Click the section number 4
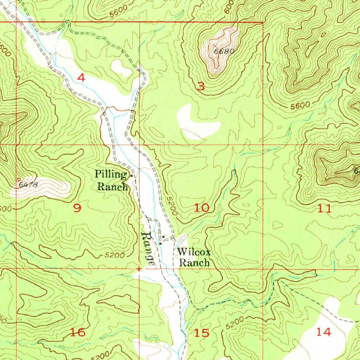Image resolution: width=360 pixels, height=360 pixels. (x=81, y=78)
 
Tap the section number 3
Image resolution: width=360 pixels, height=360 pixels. (x=201, y=86)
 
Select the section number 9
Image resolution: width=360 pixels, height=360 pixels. (x=77, y=208)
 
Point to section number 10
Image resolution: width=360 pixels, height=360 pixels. (x=202, y=207)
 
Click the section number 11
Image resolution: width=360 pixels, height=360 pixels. (x=324, y=209)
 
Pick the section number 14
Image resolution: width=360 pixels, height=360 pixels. (x=323, y=331)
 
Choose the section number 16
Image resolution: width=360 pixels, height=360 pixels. (x=78, y=332)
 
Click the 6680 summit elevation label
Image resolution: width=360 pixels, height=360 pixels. (x=224, y=51)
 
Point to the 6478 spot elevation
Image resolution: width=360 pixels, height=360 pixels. (x=27, y=184)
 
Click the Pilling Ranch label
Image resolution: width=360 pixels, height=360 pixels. (x=112, y=180)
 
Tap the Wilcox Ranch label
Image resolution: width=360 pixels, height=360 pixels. (x=194, y=257)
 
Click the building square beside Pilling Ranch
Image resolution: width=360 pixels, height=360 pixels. (x=131, y=175)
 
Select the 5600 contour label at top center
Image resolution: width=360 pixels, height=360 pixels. (x=117, y=13)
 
